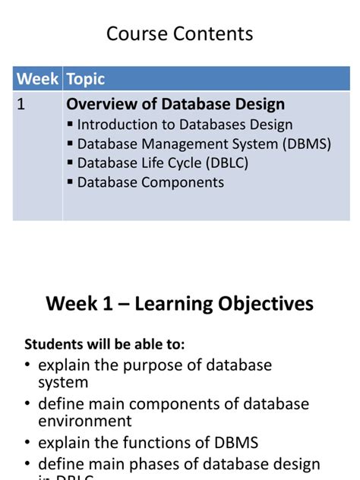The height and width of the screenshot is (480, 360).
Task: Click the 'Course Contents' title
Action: coord(179,34)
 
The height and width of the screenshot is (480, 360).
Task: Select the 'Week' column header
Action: coord(37,79)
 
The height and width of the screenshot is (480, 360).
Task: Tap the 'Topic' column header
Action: coord(85,79)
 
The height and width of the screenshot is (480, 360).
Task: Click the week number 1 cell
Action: coord(22,106)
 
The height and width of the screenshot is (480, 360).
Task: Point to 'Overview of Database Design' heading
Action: coord(175,105)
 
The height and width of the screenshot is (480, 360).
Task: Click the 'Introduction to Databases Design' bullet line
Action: coord(185,125)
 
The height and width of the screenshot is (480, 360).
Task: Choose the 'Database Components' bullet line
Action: coord(150,182)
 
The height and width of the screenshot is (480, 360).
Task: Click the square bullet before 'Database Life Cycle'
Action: coord(71,163)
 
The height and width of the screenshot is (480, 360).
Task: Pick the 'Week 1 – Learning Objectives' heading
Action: coord(179,304)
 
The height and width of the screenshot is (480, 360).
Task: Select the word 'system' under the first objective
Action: coord(63,382)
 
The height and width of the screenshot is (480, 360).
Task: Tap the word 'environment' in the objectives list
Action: coord(85,421)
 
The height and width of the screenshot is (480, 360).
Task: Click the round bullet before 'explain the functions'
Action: coord(28,443)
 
